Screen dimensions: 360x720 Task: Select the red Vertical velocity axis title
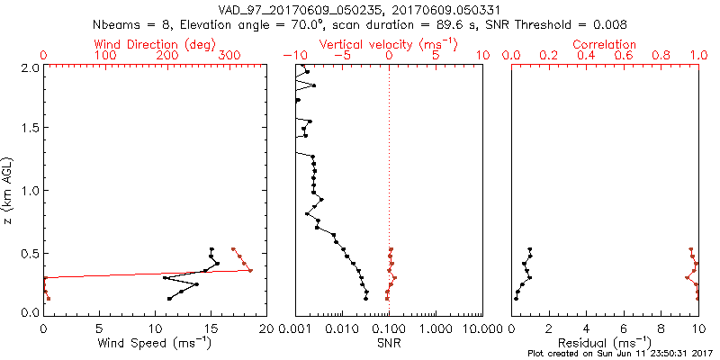[389, 44]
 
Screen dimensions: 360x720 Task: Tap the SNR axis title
[389, 343]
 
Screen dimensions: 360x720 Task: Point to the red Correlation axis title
[605, 44]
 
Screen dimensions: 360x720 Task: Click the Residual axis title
[605, 343]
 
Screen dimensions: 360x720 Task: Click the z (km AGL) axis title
[10, 189]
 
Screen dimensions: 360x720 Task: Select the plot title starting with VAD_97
[358, 9]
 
